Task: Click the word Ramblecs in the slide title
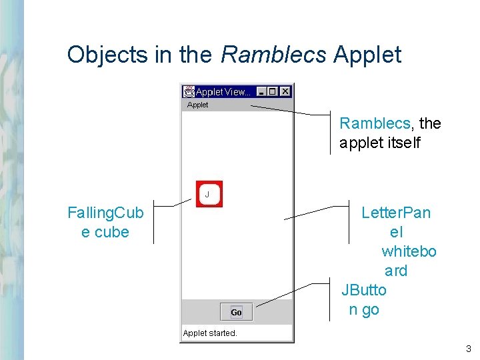pyautogui.click(x=273, y=55)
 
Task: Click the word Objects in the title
pyautogui.click(x=108, y=55)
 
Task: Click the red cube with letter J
pyautogui.click(x=209, y=194)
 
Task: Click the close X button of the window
pyautogui.click(x=285, y=91)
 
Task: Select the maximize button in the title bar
pyautogui.click(x=273, y=91)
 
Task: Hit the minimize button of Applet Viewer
pyautogui.click(x=262, y=91)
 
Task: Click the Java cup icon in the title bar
pyautogui.click(x=189, y=91)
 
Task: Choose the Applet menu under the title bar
pyautogui.click(x=197, y=105)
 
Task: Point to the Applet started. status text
pyautogui.click(x=210, y=333)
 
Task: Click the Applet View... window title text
pyautogui.click(x=223, y=92)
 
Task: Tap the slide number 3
pyautogui.click(x=469, y=348)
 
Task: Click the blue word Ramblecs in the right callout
pyautogui.click(x=375, y=123)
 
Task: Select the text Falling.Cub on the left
pyautogui.click(x=105, y=213)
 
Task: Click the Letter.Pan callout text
pyautogui.click(x=396, y=213)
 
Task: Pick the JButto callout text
pyautogui.click(x=364, y=290)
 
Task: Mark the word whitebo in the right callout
pyautogui.click(x=409, y=251)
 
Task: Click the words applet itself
pyautogui.click(x=380, y=143)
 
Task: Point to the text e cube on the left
pyautogui.click(x=105, y=232)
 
